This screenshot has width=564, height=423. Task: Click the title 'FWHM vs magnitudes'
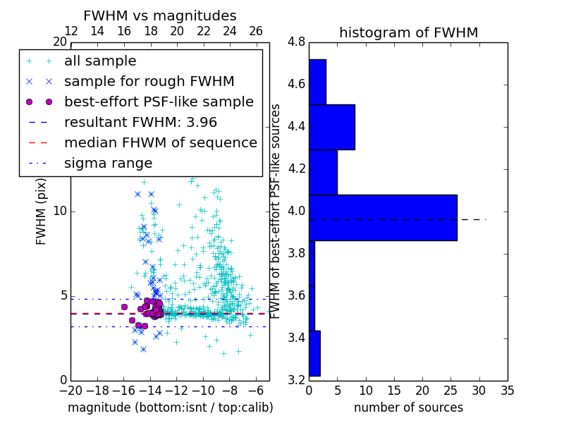(x=159, y=16)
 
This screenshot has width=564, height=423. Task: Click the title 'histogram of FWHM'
(x=408, y=32)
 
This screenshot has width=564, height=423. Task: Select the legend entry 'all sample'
(x=100, y=61)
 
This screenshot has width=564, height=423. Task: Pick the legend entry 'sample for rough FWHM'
(x=149, y=82)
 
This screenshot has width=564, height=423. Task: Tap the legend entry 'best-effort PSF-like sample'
(x=159, y=102)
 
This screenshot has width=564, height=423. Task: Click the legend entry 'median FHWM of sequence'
(x=160, y=143)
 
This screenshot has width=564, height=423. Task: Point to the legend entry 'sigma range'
(x=108, y=164)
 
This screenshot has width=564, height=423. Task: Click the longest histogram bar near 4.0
(x=383, y=217)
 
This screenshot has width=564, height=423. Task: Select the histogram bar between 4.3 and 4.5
(x=331, y=127)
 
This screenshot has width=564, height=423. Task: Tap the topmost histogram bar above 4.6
(x=317, y=82)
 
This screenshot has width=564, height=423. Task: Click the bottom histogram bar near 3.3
(x=314, y=353)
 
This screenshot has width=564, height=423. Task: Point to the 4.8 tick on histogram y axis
(x=297, y=42)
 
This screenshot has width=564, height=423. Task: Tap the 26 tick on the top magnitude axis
(x=256, y=31)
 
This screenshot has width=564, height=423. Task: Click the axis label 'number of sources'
(x=408, y=407)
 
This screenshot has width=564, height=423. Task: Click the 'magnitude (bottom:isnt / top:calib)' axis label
(x=170, y=407)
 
